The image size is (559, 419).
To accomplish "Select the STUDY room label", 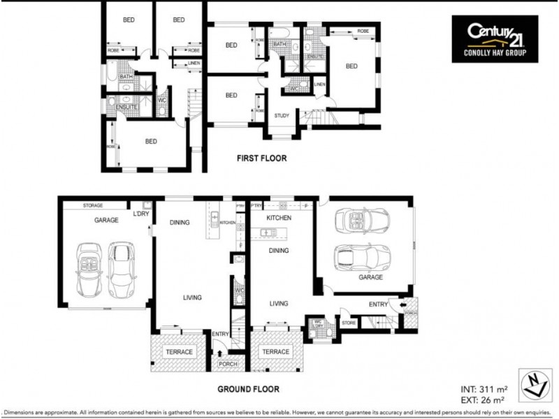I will pyautogui.click(x=282, y=116).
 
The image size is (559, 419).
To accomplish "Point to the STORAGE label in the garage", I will pyautogui.click(x=93, y=205).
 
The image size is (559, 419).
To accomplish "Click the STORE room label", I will pyautogui.click(x=349, y=323).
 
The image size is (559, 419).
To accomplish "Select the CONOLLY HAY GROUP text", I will pyautogui.click(x=495, y=54).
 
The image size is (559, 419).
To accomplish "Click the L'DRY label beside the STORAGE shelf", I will pyautogui.click(x=142, y=213).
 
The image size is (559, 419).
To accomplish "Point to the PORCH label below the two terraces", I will pyautogui.click(x=228, y=363).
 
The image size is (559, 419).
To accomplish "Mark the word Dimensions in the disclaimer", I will pyautogui.click(x=24, y=412).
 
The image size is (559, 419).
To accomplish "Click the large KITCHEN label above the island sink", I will pyautogui.click(x=279, y=218).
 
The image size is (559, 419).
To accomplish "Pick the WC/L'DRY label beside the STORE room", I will pyautogui.click(x=319, y=323).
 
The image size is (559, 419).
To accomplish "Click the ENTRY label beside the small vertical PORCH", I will pyautogui.click(x=378, y=304).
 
